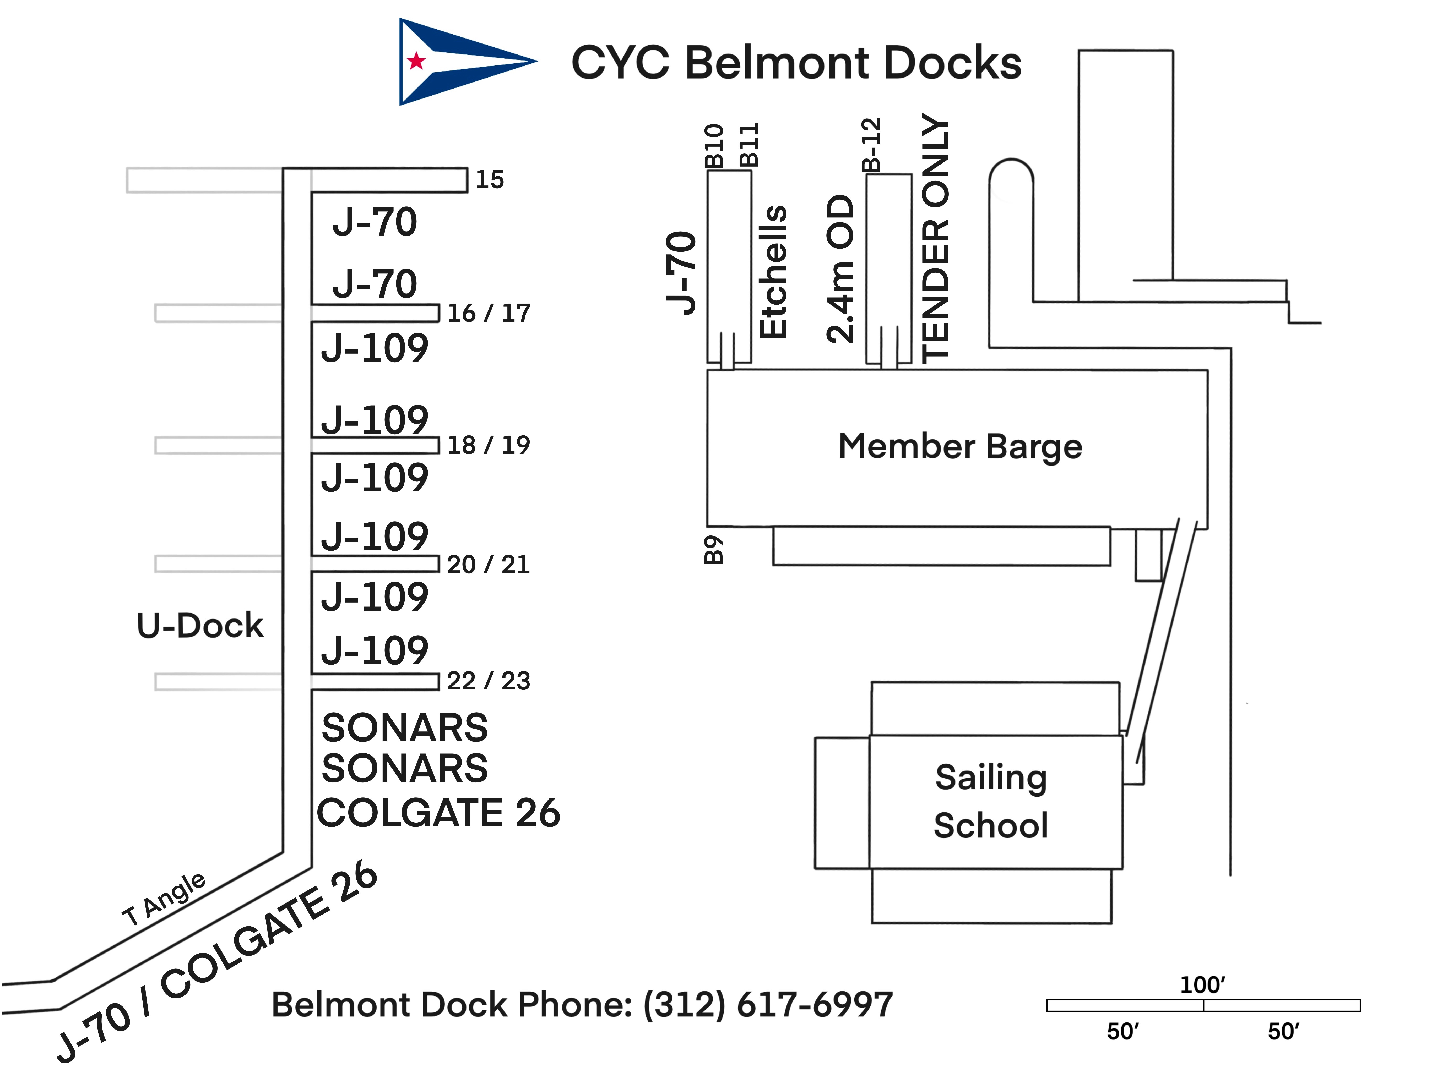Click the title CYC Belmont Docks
[796, 63]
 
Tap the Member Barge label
[960, 447]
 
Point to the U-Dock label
[200, 626]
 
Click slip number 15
[489, 179]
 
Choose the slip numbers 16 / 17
[489, 313]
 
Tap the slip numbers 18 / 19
[489, 445]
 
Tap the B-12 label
[872, 144]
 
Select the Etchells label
[773, 272]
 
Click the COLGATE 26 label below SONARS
[438, 813]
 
